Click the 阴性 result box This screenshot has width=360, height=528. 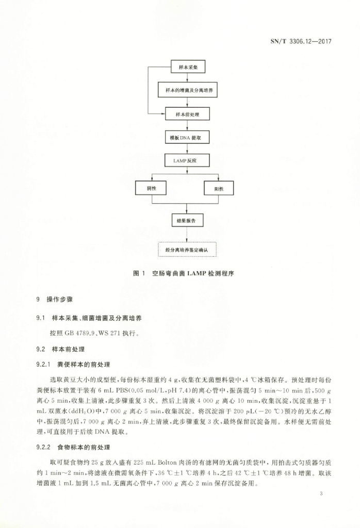(152, 188)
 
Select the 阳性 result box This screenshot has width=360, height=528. (219, 188)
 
